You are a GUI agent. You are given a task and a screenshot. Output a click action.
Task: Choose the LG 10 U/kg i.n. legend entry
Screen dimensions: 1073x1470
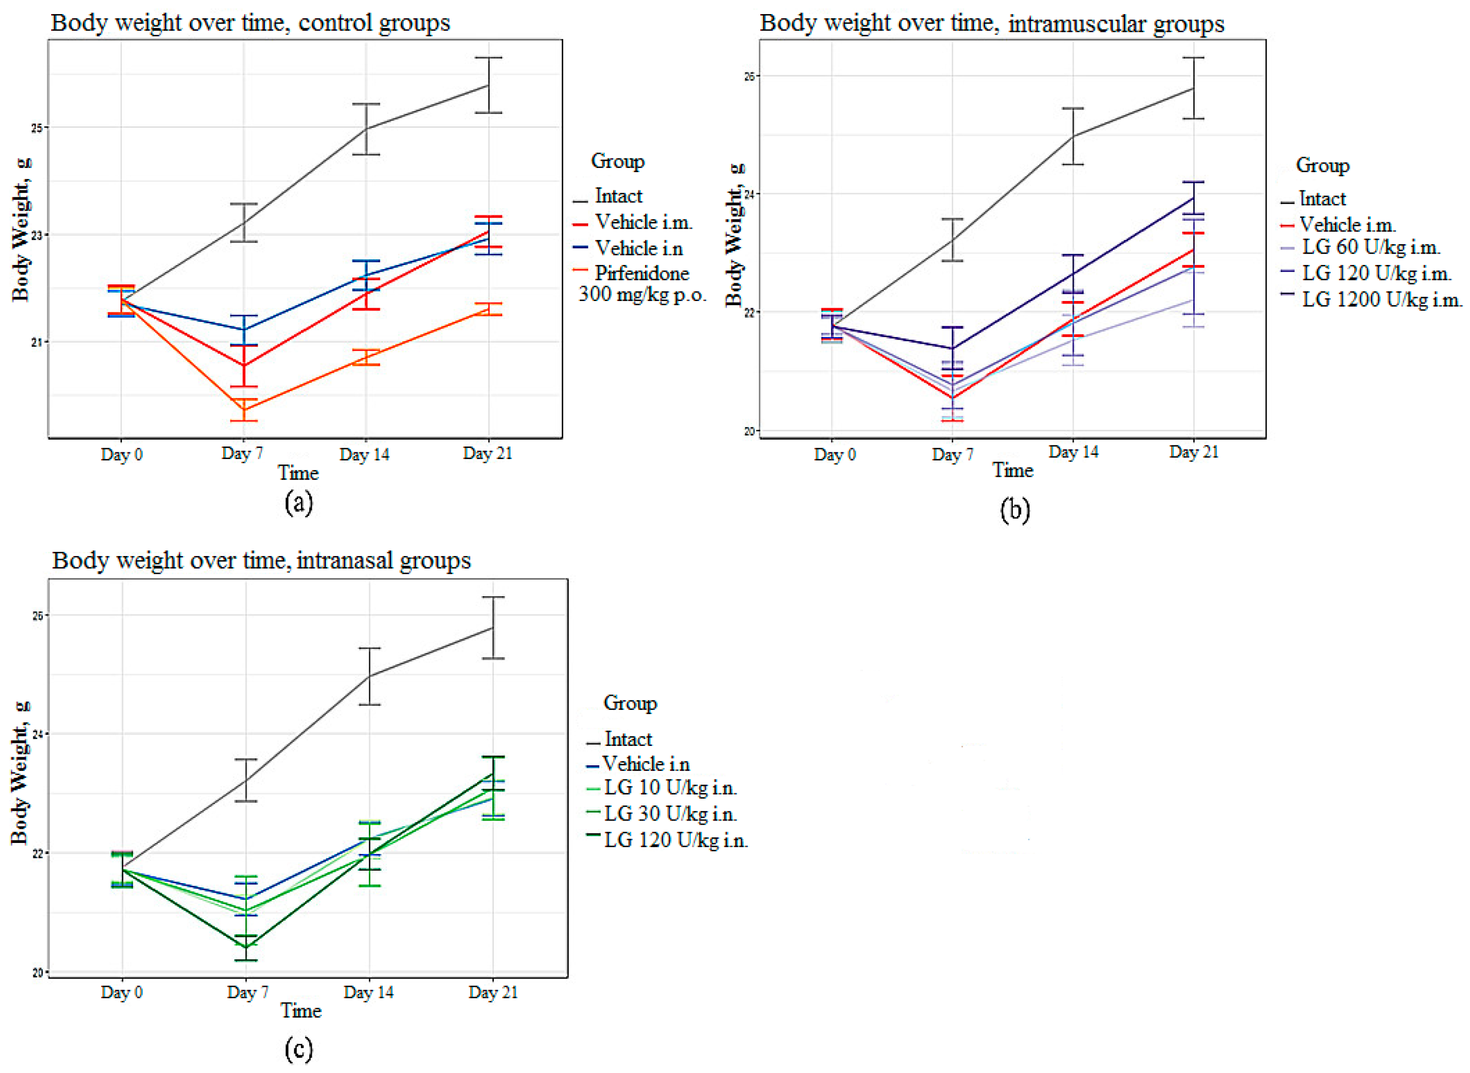(x=670, y=788)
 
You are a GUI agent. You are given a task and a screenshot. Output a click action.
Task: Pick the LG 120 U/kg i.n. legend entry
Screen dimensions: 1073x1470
(x=675, y=840)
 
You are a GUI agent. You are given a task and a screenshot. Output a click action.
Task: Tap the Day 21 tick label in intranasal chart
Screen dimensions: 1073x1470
(x=493, y=993)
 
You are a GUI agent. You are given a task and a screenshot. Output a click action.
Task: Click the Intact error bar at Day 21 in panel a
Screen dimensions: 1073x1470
(x=488, y=85)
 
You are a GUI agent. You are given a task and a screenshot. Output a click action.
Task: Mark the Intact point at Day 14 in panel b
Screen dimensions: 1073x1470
(x=1073, y=136)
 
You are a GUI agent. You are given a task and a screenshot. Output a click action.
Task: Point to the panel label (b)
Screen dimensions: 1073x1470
(x=1014, y=510)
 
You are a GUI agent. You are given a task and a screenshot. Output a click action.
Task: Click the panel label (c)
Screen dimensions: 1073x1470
(x=299, y=1047)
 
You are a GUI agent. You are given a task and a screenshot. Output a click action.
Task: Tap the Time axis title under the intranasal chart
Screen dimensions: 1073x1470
(x=301, y=1010)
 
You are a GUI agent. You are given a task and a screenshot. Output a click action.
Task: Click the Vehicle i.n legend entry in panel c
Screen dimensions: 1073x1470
(x=646, y=764)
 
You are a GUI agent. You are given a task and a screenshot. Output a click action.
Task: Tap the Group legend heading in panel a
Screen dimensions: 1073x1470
(x=617, y=161)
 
